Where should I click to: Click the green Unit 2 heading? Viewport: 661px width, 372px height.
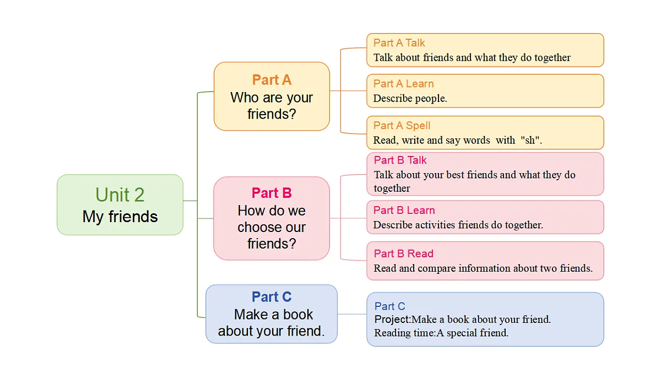click(120, 195)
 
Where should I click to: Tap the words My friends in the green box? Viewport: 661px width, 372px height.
click(120, 217)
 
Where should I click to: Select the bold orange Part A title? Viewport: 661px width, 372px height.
click(272, 80)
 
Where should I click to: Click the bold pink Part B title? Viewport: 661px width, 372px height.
click(272, 193)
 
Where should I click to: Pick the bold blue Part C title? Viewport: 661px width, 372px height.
click(272, 296)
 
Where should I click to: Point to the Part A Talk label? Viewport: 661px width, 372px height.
click(399, 43)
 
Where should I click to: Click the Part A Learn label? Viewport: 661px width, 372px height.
click(403, 84)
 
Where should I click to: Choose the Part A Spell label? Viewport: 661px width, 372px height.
click(402, 126)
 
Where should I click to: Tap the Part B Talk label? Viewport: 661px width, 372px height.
click(400, 160)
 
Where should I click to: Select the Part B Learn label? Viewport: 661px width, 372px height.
click(404, 210)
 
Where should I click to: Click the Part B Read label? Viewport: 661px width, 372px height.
click(403, 254)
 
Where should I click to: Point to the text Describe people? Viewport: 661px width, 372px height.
click(410, 98)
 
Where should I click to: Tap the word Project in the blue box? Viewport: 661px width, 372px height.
click(392, 320)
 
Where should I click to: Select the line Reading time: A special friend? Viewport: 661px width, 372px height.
click(441, 333)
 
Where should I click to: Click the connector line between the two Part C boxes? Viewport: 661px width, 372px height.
click(352, 314)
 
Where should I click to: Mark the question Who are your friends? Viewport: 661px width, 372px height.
click(272, 106)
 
